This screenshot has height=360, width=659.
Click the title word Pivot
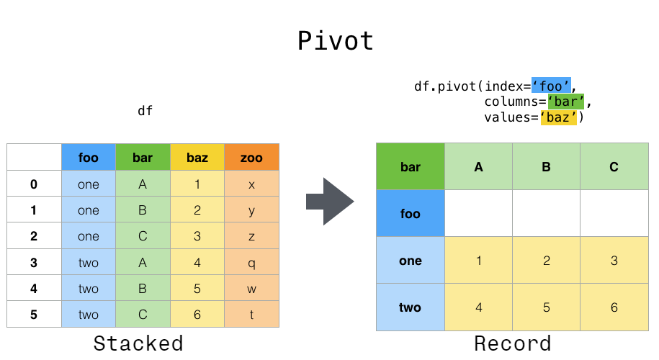tap(336, 41)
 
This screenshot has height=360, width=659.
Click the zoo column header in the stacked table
tap(251, 157)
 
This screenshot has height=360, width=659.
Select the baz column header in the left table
tap(197, 157)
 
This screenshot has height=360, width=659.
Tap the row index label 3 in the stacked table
tap(34, 263)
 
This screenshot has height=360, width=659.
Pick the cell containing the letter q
tap(251, 263)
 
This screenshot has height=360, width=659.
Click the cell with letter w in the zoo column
tap(251, 289)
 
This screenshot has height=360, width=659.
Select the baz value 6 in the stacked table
tap(197, 315)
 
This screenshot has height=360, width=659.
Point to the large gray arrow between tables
tap(330, 202)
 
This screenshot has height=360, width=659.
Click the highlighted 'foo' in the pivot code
tap(551, 86)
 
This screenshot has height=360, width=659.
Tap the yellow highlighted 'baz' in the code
tap(559, 117)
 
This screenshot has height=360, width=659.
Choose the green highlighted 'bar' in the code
tap(565, 102)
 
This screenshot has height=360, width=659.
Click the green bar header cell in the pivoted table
tap(411, 167)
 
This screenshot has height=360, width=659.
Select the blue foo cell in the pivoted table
tap(411, 214)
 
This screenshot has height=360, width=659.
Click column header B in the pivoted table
tap(546, 167)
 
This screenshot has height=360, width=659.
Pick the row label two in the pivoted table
tap(411, 307)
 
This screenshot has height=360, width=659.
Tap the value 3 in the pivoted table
tap(614, 261)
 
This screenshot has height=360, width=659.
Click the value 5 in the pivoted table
tap(546, 307)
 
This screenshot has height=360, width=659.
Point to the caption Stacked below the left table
tap(138, 343)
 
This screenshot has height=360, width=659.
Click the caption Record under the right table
tap(512, 343)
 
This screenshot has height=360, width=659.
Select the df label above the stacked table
tap(145, 111)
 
